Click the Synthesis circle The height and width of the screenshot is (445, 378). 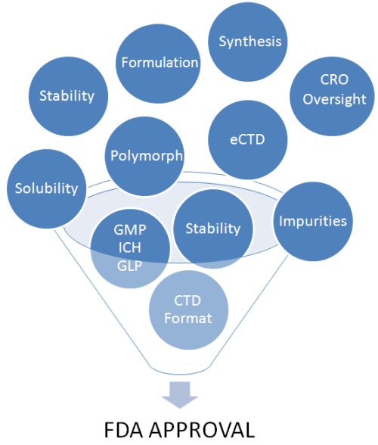pyautogui.click(x=247, y=42)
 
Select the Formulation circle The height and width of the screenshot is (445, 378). pyautogui.click(x=158, y=63)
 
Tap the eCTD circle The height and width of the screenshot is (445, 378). pyautogui.click(x=248, y=139)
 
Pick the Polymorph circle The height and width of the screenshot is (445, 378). pyautogui.click(x=145, y=156)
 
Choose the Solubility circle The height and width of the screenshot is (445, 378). pyautogui.click(x=47, y=188)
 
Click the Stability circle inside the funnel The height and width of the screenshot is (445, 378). pyautogui.click(x=213, y=229)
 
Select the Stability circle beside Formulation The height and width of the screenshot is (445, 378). pyautogui.click(x=68, y=96)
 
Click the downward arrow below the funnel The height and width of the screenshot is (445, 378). pyautogui.click(x=180, y=395)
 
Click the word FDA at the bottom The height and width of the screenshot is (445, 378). pyautogui.click(x=125, y=430)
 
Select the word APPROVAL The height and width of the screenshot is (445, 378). pyautogui.click(x=202, y=430)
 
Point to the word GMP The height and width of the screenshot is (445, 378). pyautogui.click(x=130, y=229)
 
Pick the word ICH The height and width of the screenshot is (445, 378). pyautogui.click(x=129, y=247)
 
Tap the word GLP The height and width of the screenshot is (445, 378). pyautogui.click(x=130, y=266)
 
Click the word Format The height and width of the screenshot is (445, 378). pyautogui.click(x=188, y=318)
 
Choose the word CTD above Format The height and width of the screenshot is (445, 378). pyautogui.click(x=187, y=300)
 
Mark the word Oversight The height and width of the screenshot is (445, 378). pyautogui.click(x=334, y=99)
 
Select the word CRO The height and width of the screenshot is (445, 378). pyautogui.click(x=334, y=79)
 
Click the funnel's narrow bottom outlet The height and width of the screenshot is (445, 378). pyautogui.click(x=180, y=371)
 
